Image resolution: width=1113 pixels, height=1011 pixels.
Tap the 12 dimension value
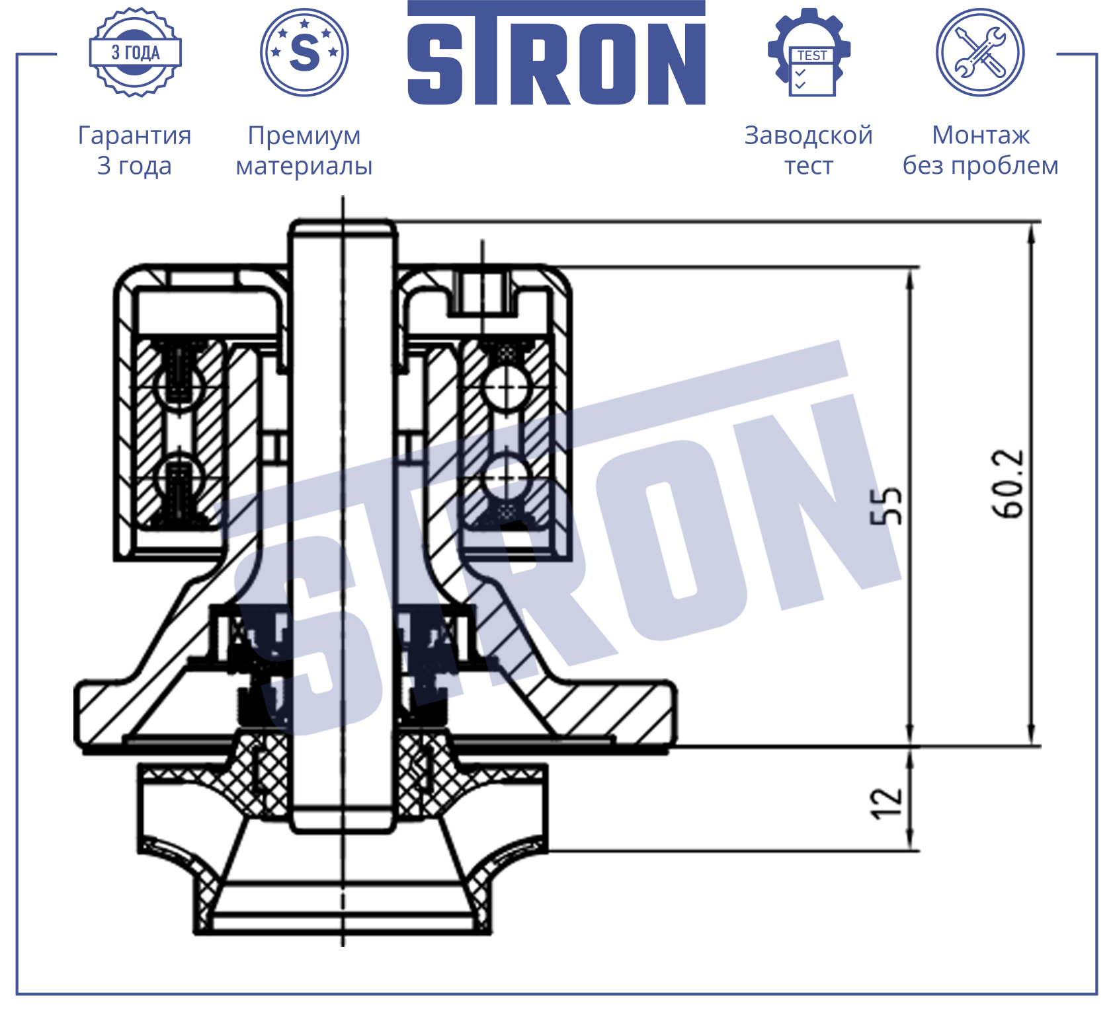[886, 803]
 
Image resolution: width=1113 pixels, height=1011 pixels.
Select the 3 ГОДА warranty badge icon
[136, 52]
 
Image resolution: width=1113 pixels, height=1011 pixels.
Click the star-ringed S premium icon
[304, 52]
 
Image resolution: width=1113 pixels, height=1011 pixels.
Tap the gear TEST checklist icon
[809, 52]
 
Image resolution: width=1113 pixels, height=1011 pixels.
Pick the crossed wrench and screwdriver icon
[980, 52]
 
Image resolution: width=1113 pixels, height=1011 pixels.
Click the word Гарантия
[135, 135]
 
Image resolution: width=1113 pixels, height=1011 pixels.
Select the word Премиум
[304, 136]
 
